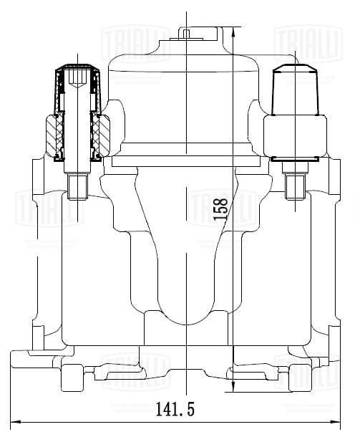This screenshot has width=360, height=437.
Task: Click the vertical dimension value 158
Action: [223, 208]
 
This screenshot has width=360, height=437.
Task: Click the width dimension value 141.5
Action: [175, 409]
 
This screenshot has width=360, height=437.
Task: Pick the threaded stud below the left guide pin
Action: [77, 188]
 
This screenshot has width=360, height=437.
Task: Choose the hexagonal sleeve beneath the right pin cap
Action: [294, 135]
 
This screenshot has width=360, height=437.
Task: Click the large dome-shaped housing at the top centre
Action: [185, 93]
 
